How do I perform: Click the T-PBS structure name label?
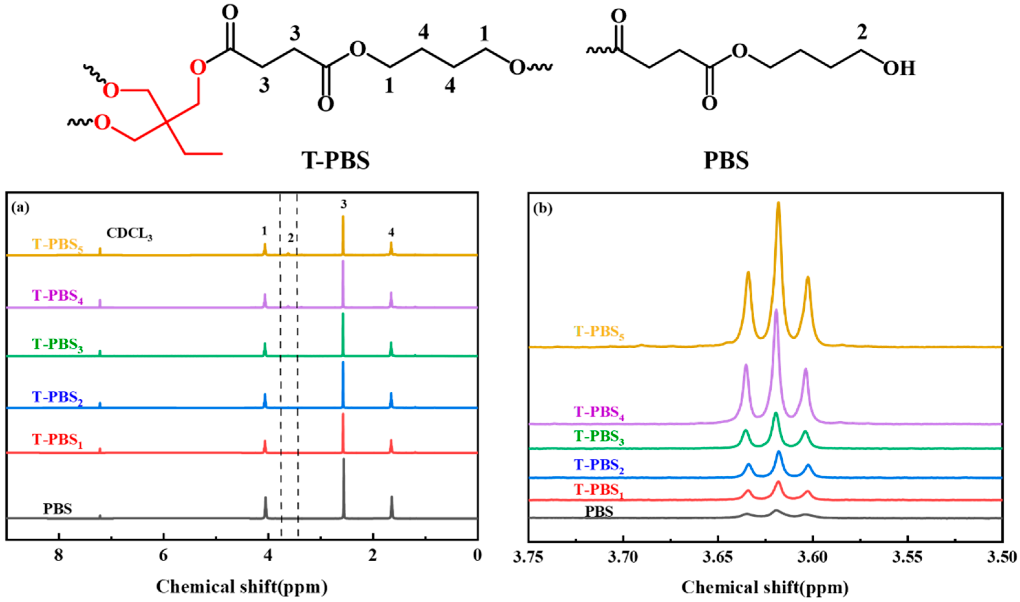click(335, 160)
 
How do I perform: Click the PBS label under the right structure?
click(726, 160)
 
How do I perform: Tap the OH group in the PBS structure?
click(899, 69)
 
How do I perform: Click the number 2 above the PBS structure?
click(862, 32)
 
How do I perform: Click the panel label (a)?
click(20, 208)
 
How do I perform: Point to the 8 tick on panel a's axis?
click(59, 555)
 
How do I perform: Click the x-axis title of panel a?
click(242, 586)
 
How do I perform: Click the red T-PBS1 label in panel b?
click(598, 491)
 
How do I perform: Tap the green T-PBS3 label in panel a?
click(57, 345)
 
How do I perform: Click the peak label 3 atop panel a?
click(343, 205)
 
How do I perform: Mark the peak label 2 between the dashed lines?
click(290, 238)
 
